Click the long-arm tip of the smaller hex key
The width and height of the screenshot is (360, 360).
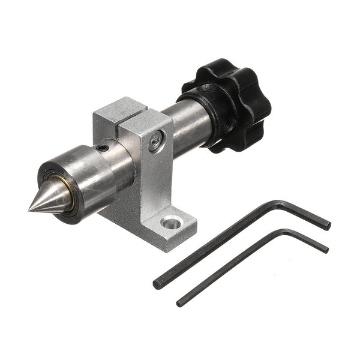click(180, 302)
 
